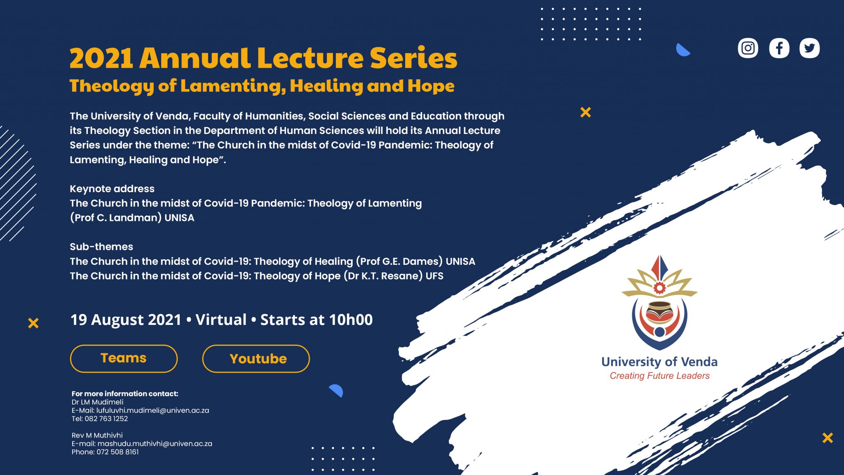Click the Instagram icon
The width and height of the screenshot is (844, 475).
[748, 48]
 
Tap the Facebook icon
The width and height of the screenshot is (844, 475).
[779, 48]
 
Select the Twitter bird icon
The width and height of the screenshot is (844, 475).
[809, 48]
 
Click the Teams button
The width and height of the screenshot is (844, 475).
[124, 358]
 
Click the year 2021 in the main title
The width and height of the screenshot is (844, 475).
[101, 58]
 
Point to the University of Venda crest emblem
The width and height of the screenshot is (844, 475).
[659, 302]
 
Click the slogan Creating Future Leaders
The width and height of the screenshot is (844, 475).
[659, 376]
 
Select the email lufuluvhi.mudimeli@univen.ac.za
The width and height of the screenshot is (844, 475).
[152, 411]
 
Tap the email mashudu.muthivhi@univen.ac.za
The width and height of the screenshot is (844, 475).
[155, 444]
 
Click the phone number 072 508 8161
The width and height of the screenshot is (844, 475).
[117, 452]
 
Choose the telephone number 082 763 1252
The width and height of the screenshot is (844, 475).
[106, 419]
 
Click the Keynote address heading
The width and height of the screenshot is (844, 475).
[112, 189]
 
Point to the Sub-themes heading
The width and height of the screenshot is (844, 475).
[101, 247]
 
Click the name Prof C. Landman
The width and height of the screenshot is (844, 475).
[116, 218]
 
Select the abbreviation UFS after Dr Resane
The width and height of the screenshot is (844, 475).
[434, 276]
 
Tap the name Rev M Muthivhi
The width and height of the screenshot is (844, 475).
[97, 435]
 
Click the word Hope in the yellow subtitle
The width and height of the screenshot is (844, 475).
[431, 86]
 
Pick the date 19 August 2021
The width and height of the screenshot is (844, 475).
[126, 320]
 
